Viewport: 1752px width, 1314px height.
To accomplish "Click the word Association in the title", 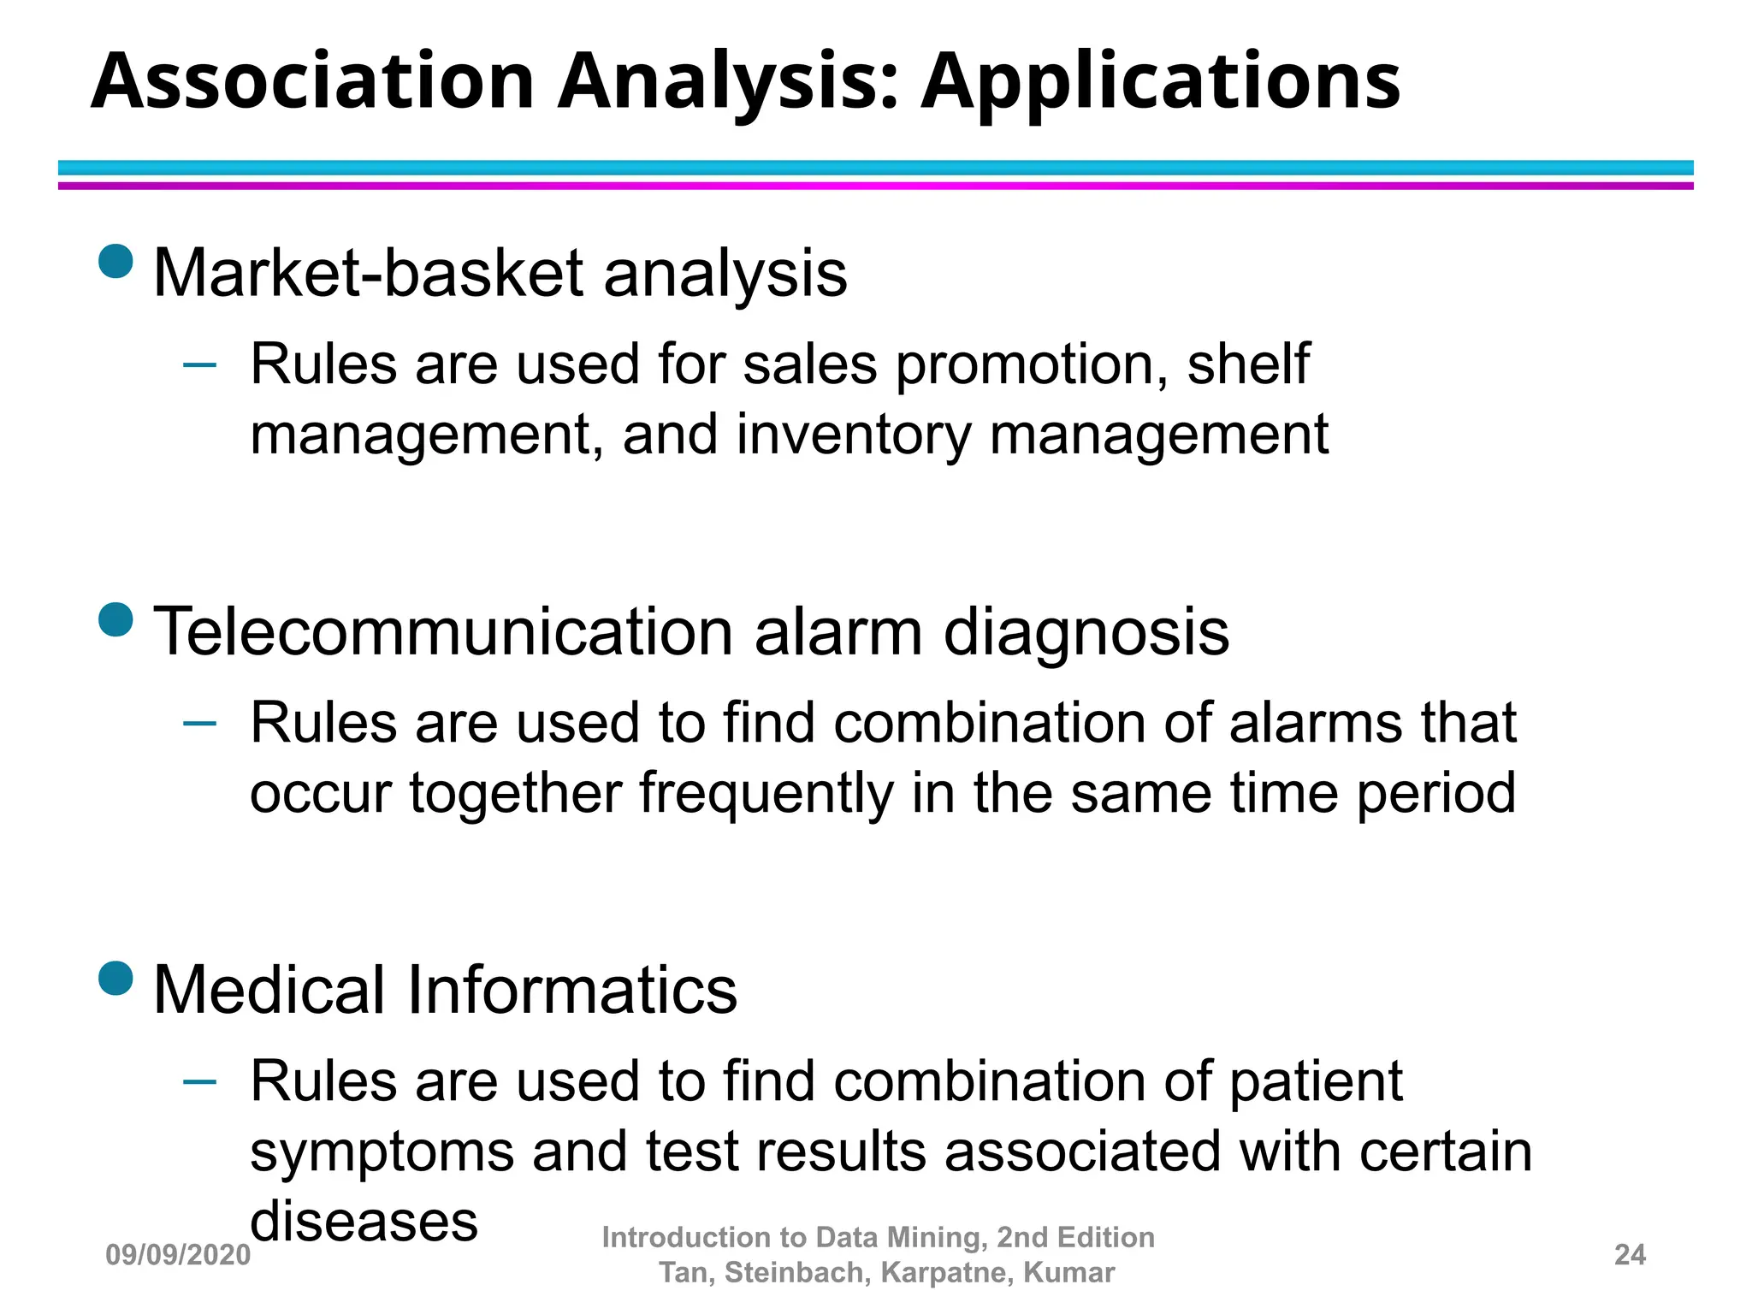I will click(x=312, y=82).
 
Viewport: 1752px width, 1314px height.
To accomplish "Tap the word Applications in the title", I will click(x=1160, y=84).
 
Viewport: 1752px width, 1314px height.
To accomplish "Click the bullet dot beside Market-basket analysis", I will click(x=115, y=261).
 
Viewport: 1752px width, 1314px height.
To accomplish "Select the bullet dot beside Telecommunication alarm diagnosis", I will click(x=115, y=619).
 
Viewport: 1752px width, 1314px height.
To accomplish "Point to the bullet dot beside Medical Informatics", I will click(x=115, y=978).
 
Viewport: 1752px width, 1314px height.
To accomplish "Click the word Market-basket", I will click(x=372, y=274).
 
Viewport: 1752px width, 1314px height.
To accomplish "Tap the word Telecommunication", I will click(x=442, y=632).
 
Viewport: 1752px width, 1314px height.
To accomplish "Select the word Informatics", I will click(x=571, y=991).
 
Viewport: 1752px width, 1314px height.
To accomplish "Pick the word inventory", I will click(x=853, y=435).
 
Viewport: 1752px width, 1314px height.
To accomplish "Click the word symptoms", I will click(x=382, y=1153).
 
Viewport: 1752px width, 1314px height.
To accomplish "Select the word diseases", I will click(x=364, y=1221).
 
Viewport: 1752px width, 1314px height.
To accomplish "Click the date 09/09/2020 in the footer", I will click(x=178, y=1255).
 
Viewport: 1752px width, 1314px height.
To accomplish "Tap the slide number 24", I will click(x=1630, y=1255).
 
